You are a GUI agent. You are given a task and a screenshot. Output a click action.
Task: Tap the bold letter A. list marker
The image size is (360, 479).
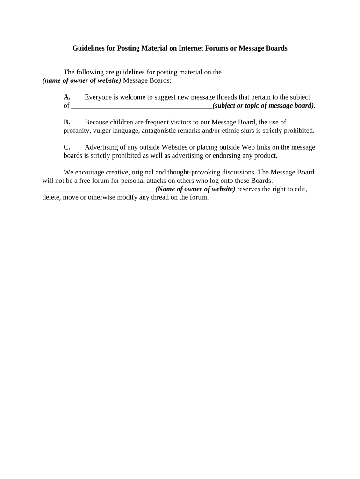(67, 97)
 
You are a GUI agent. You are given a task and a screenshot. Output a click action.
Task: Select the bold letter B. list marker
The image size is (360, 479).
(67, 122)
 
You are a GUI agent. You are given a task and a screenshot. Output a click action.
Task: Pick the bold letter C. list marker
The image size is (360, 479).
(67, 147)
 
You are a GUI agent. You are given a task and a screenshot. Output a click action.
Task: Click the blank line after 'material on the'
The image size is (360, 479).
(264, 73)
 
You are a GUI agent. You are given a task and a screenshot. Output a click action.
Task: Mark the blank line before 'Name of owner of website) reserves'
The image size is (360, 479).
(99, 189)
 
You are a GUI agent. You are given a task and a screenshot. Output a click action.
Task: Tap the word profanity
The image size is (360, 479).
(77, 131)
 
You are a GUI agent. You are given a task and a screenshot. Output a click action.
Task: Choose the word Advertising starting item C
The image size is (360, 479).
(101, 147)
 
